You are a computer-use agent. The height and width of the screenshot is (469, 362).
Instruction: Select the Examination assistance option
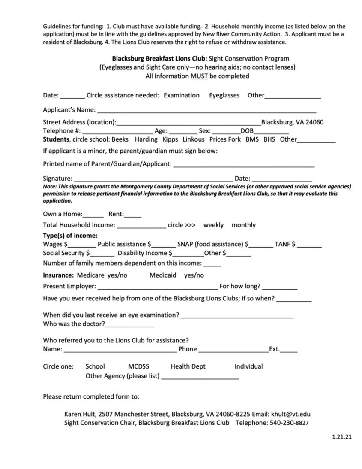pyautogui.click(x=182, y=95)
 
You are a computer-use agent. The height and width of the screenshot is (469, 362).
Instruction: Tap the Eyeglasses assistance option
pyautogui.click(x=224, y=95)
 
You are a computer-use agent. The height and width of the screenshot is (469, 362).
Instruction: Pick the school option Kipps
pyautogui.click(x=170, y=139)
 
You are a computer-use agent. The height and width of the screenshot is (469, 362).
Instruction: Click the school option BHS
pyautogui.click(x=269, y=139)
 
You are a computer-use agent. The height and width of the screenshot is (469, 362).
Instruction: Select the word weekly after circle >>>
pyautogui.click(x=213, y=225)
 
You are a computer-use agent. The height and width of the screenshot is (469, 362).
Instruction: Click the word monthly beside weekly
pyautogui.click(x=243, y=225)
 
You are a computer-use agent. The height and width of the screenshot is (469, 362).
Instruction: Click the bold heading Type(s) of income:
pyautogui.click(x=70, y=236)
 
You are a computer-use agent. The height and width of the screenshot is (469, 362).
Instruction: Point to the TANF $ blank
pyautogui.click(x=309, y=245)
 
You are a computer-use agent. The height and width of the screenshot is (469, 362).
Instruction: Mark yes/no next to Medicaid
pyautogui.click(x=194, y=275)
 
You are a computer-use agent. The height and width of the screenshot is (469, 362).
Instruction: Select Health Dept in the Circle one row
pyautogui.click(x=188, y=366)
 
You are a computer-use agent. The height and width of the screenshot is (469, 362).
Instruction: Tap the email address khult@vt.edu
pyautogui.click(x=291, y=415)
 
